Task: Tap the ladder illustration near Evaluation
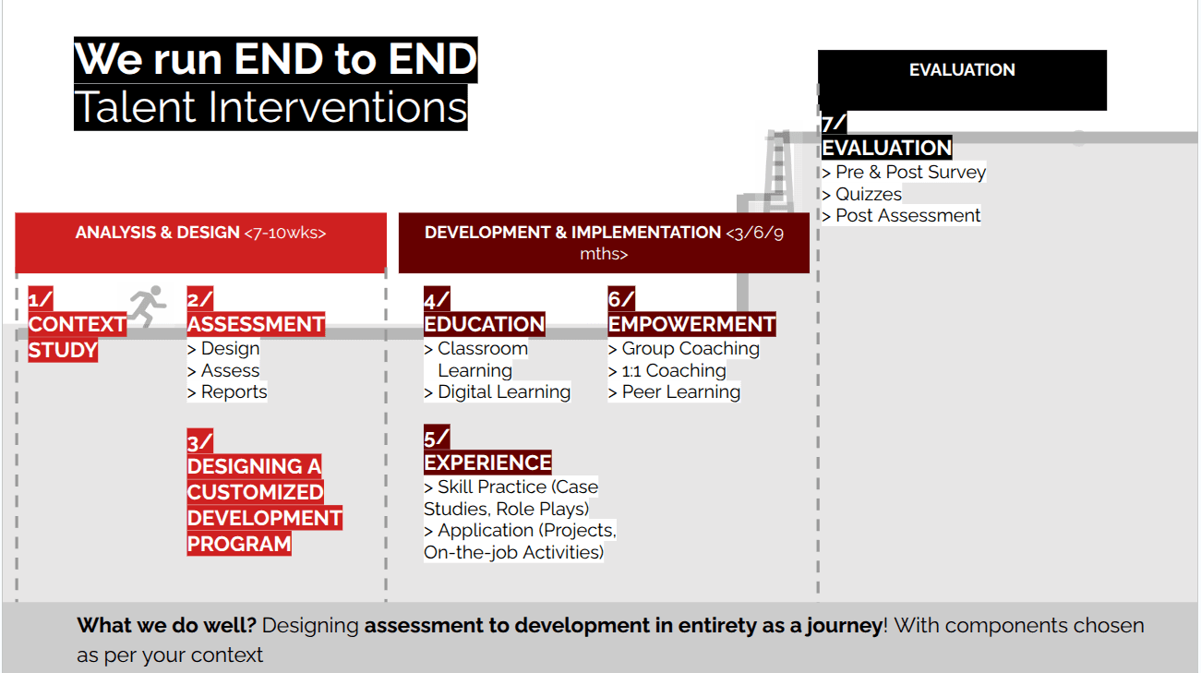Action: pyautogui.click(x=777, y=172)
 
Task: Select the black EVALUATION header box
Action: pyautogui.click(x=962, y=79)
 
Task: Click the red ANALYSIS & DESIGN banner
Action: pyautogui.click(x=200, y=242)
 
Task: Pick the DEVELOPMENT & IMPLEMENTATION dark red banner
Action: pyautogui.click(x=604, y=242)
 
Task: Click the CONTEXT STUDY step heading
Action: pyautogui.click(x=77, y=337)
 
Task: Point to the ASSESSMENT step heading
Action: pyautogui.click(x=256, y=324)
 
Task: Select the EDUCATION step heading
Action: pyautogui.click(x=485, y=324)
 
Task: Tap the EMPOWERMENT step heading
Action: pyautogui.click(x=691, y=324)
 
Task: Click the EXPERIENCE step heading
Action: pyautogui.click(x=487, y=463)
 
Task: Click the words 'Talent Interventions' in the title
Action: pyautogui.click(x=270, y=107)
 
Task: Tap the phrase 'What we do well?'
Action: pyautogui.click(x=166, y=625)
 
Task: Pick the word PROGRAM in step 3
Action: pyautogui.click(x=239, y=544)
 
